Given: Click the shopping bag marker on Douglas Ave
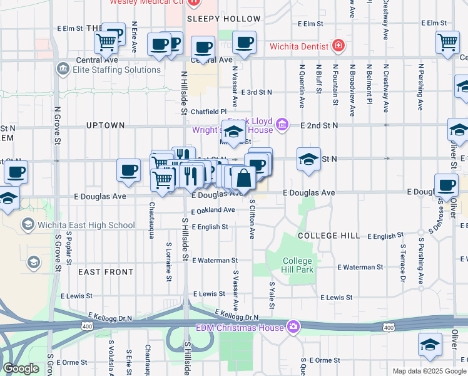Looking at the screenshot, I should (x=244, y=179).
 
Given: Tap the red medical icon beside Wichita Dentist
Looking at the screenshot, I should (x=338, y=45).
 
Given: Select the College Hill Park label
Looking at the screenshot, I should (x=297, y=265).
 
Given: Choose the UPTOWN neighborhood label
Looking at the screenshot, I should (x=105, y=125).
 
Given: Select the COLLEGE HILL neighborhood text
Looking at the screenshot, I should (x=329, y=236).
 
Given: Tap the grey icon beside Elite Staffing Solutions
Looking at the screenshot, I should (x=62, y=69).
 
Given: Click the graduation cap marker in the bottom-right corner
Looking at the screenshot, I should (x=430, y=345).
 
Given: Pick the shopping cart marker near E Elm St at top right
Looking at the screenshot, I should (x=447, y=43).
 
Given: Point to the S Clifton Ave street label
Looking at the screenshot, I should (x=252, y=219).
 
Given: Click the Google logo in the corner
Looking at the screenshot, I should (x=21, y=368).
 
